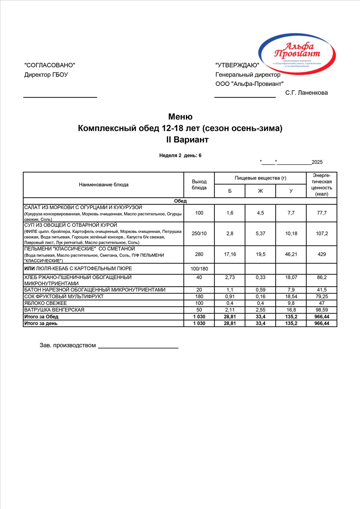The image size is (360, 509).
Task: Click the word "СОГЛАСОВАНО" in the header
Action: pyautogui.click(x=50, y=65)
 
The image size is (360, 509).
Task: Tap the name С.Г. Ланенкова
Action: pyautogui.click(x=307, y=93)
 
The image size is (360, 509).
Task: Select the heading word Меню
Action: pyautogui.click(x=180, y=116)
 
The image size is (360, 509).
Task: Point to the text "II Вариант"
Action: pyautogui.click(x=187, y=140)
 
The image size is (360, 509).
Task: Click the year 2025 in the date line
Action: pyautogui.click(x=317, y=162)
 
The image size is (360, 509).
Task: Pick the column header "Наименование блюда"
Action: pyautogui.click(x=104, y=185)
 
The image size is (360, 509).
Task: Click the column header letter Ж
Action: pyautogui.click(x=260, y=191)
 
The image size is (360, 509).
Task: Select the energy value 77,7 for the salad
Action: pyautogui.click(x=322, y=213)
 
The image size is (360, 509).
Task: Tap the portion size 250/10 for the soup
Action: pyautogui.click(x=199, y=233)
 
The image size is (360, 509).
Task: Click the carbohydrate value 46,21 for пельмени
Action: pyautogui.click(x=291, y=254)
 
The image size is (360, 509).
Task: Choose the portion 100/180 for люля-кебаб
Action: pyautogui.click(x=199, y=269)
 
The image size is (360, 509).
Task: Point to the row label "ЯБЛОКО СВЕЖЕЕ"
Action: pyautogui.click(x=46, y=303)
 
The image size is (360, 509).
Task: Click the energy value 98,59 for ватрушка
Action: pyautogui.click(x=322, y=310)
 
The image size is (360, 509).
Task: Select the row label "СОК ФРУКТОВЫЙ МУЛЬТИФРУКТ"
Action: pyautogui.click(x=64, y=297)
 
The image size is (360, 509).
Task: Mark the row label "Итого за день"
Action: pyautogui.click(x=41, y=323)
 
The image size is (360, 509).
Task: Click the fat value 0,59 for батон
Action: pyautogui.click(x=260, y=290)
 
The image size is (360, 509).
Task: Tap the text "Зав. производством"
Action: pyautogui.click(x=68, y=345)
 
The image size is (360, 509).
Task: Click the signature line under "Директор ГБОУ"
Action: pyautogui.click(x=60, y=97)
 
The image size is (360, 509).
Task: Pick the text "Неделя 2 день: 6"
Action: pyautogui.click(x=180, y=155)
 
